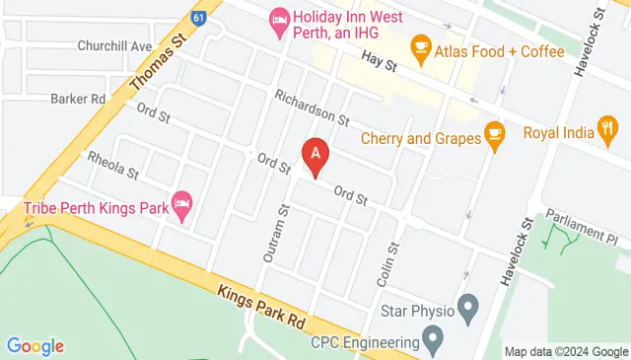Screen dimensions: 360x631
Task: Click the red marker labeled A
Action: [x=315, y=156]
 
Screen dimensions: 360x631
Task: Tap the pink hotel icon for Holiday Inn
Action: [x=279, y=19]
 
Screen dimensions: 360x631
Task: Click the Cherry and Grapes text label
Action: [x=419, y=138]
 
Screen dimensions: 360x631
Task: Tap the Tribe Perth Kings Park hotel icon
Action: [x=181, y=205]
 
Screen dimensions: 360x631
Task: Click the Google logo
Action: [x=35, y=345]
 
